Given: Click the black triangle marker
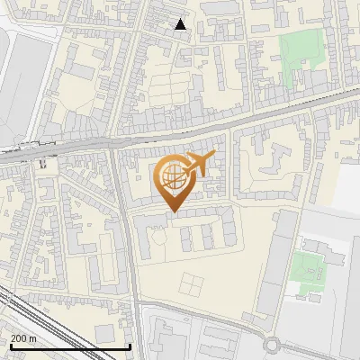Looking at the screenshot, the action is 181,24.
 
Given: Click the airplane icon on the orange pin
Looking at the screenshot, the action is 197,165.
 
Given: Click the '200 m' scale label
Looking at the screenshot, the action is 24,337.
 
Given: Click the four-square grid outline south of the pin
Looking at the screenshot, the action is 192,284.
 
